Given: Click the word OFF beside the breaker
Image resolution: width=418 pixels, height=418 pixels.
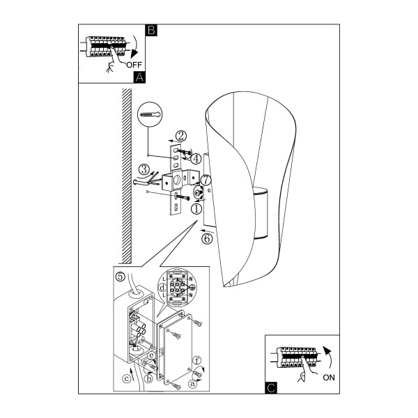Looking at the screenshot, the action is coord(134,65).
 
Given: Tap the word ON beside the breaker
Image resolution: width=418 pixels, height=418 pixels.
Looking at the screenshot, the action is coord(329,378).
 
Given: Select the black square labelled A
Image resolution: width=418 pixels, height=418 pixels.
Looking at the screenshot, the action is coord(139,77).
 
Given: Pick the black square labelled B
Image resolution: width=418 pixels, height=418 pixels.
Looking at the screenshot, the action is coord(151,30).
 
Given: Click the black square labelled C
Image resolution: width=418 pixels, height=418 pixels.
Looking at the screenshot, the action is coord(271,388).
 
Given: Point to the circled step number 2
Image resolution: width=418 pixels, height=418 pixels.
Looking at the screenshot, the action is coord(181,136).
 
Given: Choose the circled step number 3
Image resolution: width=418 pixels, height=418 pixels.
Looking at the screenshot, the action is coord(144,169).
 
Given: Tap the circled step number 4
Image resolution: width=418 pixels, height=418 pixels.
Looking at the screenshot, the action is coord(196,159).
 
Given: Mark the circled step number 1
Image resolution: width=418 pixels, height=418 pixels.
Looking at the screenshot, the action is coord(196,209).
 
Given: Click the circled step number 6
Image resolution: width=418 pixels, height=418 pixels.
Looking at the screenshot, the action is coord(207,238).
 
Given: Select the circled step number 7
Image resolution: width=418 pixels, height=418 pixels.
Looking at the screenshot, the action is coord(206,180).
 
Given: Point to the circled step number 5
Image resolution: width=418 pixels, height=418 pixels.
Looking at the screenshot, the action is coord(121,277).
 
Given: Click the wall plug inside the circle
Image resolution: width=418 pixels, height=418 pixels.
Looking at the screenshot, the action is coord(150,114).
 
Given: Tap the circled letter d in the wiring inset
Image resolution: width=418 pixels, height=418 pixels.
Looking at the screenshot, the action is coord(162,288).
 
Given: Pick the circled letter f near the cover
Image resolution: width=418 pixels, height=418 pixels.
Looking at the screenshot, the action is coord(196,361).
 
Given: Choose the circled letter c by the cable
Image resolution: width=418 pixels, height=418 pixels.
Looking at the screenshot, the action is coord(127,378).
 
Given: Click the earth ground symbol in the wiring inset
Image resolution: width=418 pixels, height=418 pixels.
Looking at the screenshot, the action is coord(192,287).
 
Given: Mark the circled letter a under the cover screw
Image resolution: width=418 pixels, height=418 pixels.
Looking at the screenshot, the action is coord(192,384).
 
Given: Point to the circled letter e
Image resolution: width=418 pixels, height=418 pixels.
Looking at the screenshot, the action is coord(152,355).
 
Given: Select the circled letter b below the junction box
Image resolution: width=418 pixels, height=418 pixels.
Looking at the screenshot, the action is coord(148,379).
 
